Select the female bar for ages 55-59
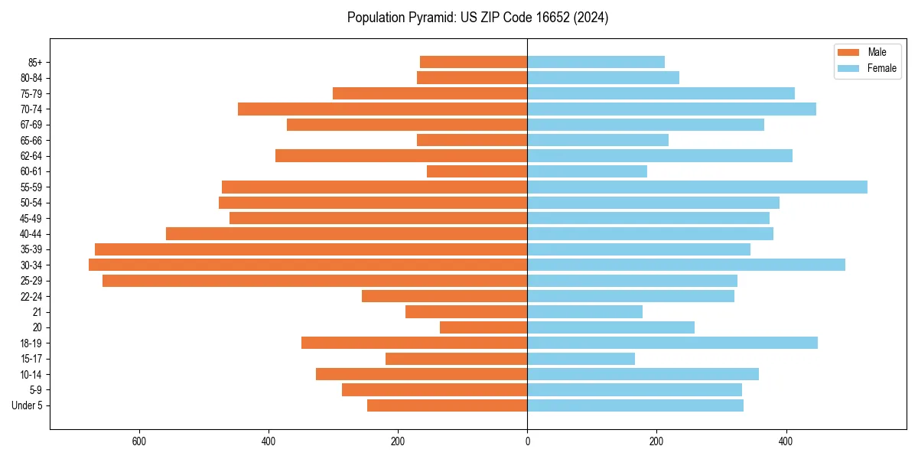[697, 187]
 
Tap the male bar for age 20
[483, 327]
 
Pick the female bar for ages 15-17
[581, 359]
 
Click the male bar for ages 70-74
[382, 109]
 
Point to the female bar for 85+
[596, 62]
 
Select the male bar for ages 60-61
[477, 171]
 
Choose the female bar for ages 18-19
[672, 343]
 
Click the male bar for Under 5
[447, 405]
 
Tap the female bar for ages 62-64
[659, 155]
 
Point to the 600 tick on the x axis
[139, 441]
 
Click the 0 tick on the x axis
[527, 441]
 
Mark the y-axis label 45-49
[31, 218]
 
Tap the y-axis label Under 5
[27, 405]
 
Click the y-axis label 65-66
[31, 140]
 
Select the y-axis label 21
[37, 312]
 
